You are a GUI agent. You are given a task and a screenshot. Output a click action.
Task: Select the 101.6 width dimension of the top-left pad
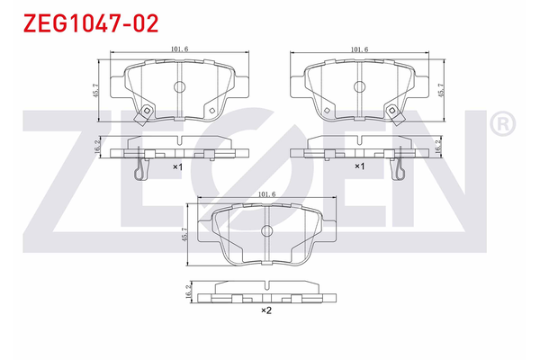[x=178, y=50]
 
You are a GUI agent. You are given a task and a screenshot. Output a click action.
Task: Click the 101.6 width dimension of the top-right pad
[x=360, y=50]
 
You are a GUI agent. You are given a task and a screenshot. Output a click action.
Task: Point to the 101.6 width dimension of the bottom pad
[x=266, y=193]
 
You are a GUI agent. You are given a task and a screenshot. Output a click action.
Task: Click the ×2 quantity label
[x=266, y=310]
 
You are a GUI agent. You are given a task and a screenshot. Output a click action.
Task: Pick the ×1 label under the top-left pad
[x=177, y=167]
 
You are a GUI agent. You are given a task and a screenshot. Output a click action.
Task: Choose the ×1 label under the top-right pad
[x=359, y=167]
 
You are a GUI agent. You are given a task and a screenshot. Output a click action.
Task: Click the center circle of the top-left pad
[x=178, y=88]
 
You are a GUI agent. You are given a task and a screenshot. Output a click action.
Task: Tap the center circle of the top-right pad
[x=360, y=88]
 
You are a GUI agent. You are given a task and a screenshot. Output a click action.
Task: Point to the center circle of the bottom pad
[x=266, y=231]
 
